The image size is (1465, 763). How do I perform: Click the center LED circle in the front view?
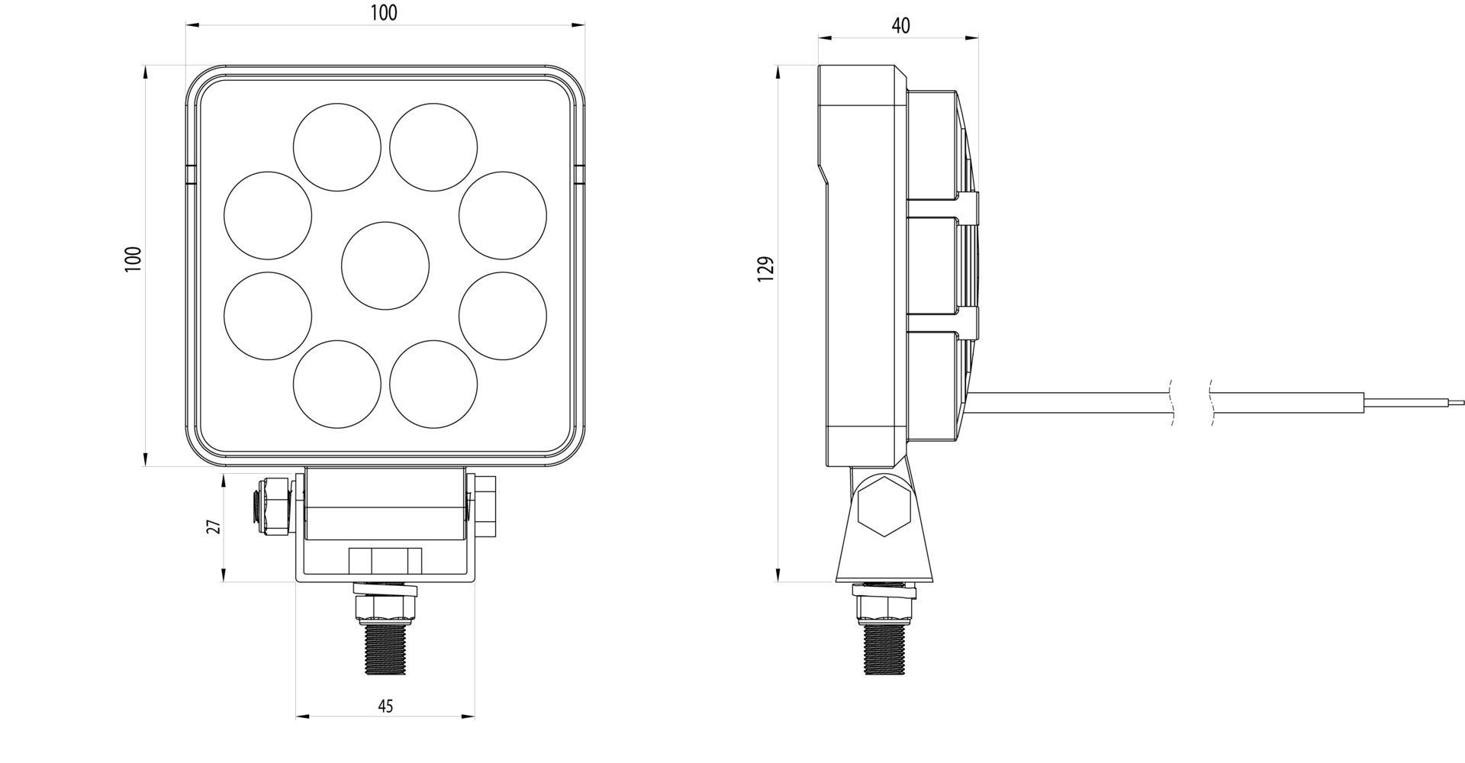point(385,266)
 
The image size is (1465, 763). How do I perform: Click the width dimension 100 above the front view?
point(384,13)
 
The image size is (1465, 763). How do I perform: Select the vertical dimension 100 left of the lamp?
point(134,259)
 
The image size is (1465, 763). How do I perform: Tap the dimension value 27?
point(214,526)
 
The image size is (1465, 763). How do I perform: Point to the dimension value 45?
point(385,706)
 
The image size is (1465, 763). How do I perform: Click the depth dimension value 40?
point(900,25)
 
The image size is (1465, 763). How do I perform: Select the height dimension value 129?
point(766,269)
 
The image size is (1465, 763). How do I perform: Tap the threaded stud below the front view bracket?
point(385,649)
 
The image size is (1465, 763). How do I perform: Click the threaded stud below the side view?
point(885,649)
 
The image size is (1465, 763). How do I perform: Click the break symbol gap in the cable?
point(1191,402)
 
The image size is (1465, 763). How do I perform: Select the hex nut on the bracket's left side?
point(275,506)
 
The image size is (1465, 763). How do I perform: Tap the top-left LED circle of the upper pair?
point(337,147)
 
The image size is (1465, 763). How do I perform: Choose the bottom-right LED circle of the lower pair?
point(433,384)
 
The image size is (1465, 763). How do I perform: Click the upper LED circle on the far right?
point(503,215)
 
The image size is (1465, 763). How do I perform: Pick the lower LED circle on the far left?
point(268,315)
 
